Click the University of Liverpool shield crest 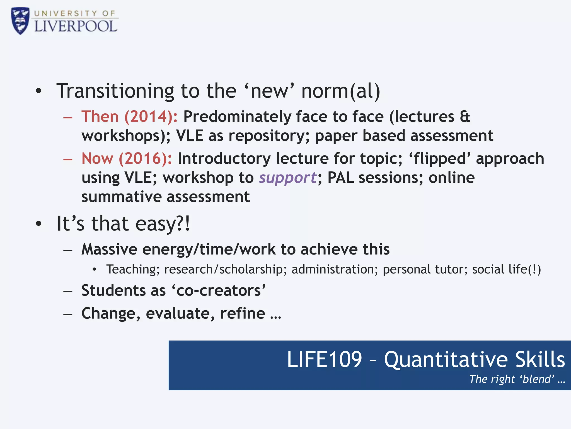(x=20, y=21)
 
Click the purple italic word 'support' (x=287, y=178)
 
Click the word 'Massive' (x=109, y=249)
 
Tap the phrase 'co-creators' (x=219, y=290)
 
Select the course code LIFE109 (x=324, y=359)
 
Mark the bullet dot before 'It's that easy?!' (x=39, y=223)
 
